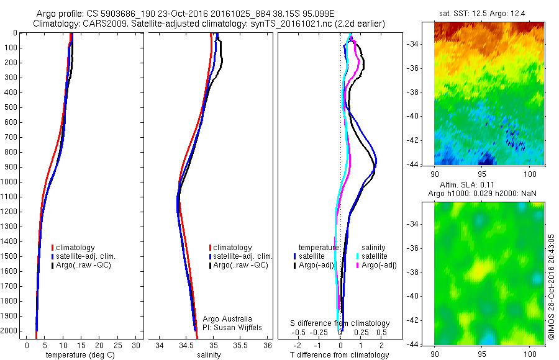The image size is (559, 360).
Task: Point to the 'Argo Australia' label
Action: [227, 319]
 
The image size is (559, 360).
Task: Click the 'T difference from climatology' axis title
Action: [339, 355]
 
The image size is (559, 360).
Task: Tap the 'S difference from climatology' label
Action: [340, 323]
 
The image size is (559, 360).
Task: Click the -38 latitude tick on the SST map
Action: [425, 92]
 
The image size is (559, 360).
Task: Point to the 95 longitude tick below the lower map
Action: [482, 353]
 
